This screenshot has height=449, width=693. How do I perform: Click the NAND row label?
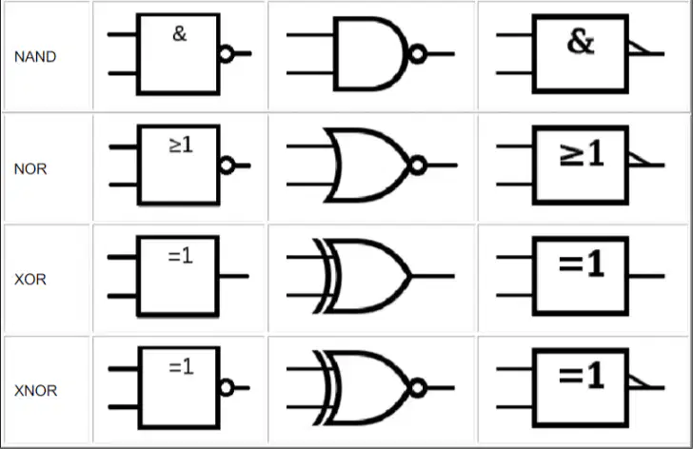point(35,56)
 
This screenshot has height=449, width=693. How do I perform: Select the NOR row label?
point(30,168)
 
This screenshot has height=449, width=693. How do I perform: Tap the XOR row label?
point(30,279)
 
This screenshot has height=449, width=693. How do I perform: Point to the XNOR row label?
point(36,390)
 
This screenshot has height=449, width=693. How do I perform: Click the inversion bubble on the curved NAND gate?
point(418,54)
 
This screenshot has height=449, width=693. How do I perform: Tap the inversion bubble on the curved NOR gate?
point(418,166)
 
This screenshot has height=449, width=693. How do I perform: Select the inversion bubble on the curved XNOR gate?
point(418,387)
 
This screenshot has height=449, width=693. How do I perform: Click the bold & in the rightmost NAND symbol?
point(581,43)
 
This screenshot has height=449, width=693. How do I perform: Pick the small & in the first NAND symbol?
point(180,33)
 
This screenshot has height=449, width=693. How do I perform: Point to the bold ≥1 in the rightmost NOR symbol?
point(582,154)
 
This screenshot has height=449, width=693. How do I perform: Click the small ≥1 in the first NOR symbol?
point(181,145)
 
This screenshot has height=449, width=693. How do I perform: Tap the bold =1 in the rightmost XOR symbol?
point(582,264)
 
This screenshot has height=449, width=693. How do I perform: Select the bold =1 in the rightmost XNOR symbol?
point(582,376)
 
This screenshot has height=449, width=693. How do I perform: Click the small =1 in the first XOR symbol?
point(181,256)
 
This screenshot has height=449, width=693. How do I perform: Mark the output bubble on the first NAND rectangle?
point(226,54)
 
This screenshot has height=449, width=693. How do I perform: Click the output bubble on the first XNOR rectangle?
point(226,387)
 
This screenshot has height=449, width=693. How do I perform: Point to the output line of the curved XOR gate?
point(433,277)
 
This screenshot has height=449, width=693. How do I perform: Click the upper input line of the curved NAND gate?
point(310,34)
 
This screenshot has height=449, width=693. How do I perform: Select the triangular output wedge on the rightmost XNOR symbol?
point(639,381)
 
